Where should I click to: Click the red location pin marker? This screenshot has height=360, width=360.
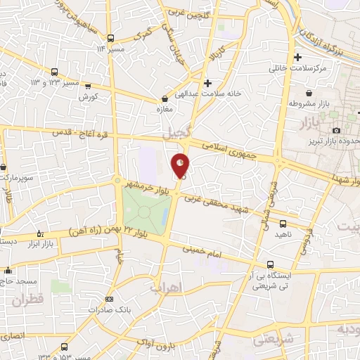tap(181, 165)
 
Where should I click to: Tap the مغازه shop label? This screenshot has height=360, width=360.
tap(165, 110)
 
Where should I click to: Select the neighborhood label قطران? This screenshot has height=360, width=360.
tap(27, 300)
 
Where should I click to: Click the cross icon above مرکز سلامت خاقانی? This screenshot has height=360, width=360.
tap(298, 57)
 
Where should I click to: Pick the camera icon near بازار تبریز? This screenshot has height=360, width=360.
tap(336, 131)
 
